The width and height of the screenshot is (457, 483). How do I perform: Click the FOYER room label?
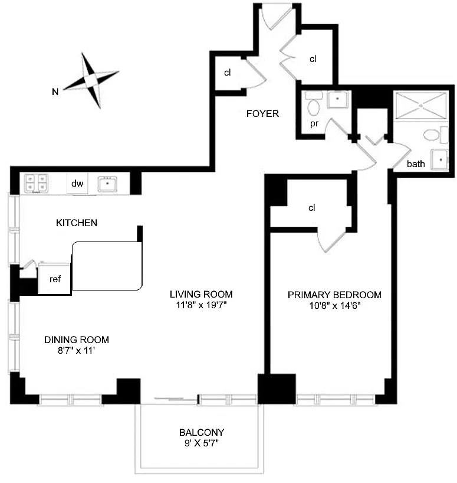[262, 114]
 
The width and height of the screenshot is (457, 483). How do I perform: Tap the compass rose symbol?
[91, 80]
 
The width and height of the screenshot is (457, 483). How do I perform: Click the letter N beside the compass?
[55, 92]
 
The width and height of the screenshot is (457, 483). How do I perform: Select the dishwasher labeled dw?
[77, 184]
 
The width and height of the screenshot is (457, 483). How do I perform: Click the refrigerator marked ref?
[54, 279]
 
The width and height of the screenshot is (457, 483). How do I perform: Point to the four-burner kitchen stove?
[37, 183]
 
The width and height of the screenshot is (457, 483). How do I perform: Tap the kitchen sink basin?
[107, 184]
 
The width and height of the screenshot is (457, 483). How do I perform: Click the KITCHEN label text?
[77, 223]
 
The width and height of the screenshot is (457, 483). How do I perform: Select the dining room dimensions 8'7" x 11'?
[76, 351]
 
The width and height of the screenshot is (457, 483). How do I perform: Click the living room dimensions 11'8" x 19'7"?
[201, 305]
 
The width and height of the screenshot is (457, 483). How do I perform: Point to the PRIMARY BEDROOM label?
[334, 295]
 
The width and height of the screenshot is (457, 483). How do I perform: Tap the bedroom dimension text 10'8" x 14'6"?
[335, 306]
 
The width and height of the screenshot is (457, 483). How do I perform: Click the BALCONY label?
[202, 432]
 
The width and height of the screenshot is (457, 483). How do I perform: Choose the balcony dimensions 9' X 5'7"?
[202, 443]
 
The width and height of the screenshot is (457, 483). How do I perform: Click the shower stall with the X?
[420, 105]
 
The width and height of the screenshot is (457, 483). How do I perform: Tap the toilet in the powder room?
[313, 104]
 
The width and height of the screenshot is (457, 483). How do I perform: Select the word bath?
[416, 164]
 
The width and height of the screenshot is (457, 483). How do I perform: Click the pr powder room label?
[314, 123]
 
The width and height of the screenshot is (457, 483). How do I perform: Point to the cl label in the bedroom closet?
[311, 208]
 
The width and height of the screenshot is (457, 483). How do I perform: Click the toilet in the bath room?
[435, 135]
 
